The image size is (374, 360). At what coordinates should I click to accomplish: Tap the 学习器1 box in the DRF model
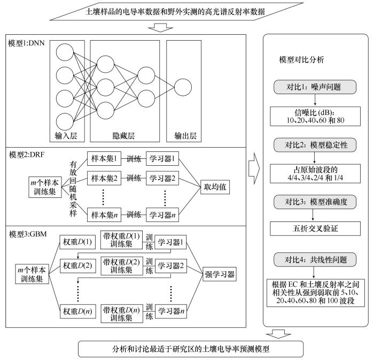[x=163, y=160]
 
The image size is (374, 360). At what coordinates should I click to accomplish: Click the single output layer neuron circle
[x=183, y=88]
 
